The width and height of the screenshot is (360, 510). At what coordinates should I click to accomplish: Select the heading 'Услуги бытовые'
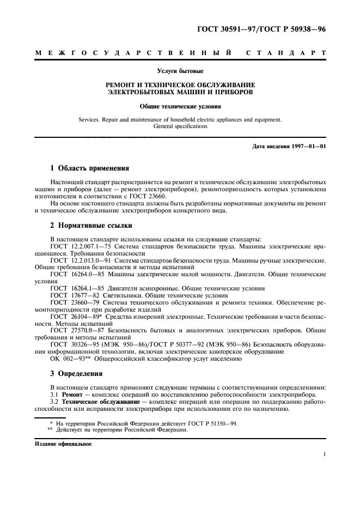click(x=180, y=70)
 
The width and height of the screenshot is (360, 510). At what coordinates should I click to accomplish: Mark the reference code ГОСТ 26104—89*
click(x=71, y=317)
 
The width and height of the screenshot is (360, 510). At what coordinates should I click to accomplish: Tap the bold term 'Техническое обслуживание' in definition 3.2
click(x=101, y=400)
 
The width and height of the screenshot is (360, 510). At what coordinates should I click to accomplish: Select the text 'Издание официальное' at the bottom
click(x=59, y=444)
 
